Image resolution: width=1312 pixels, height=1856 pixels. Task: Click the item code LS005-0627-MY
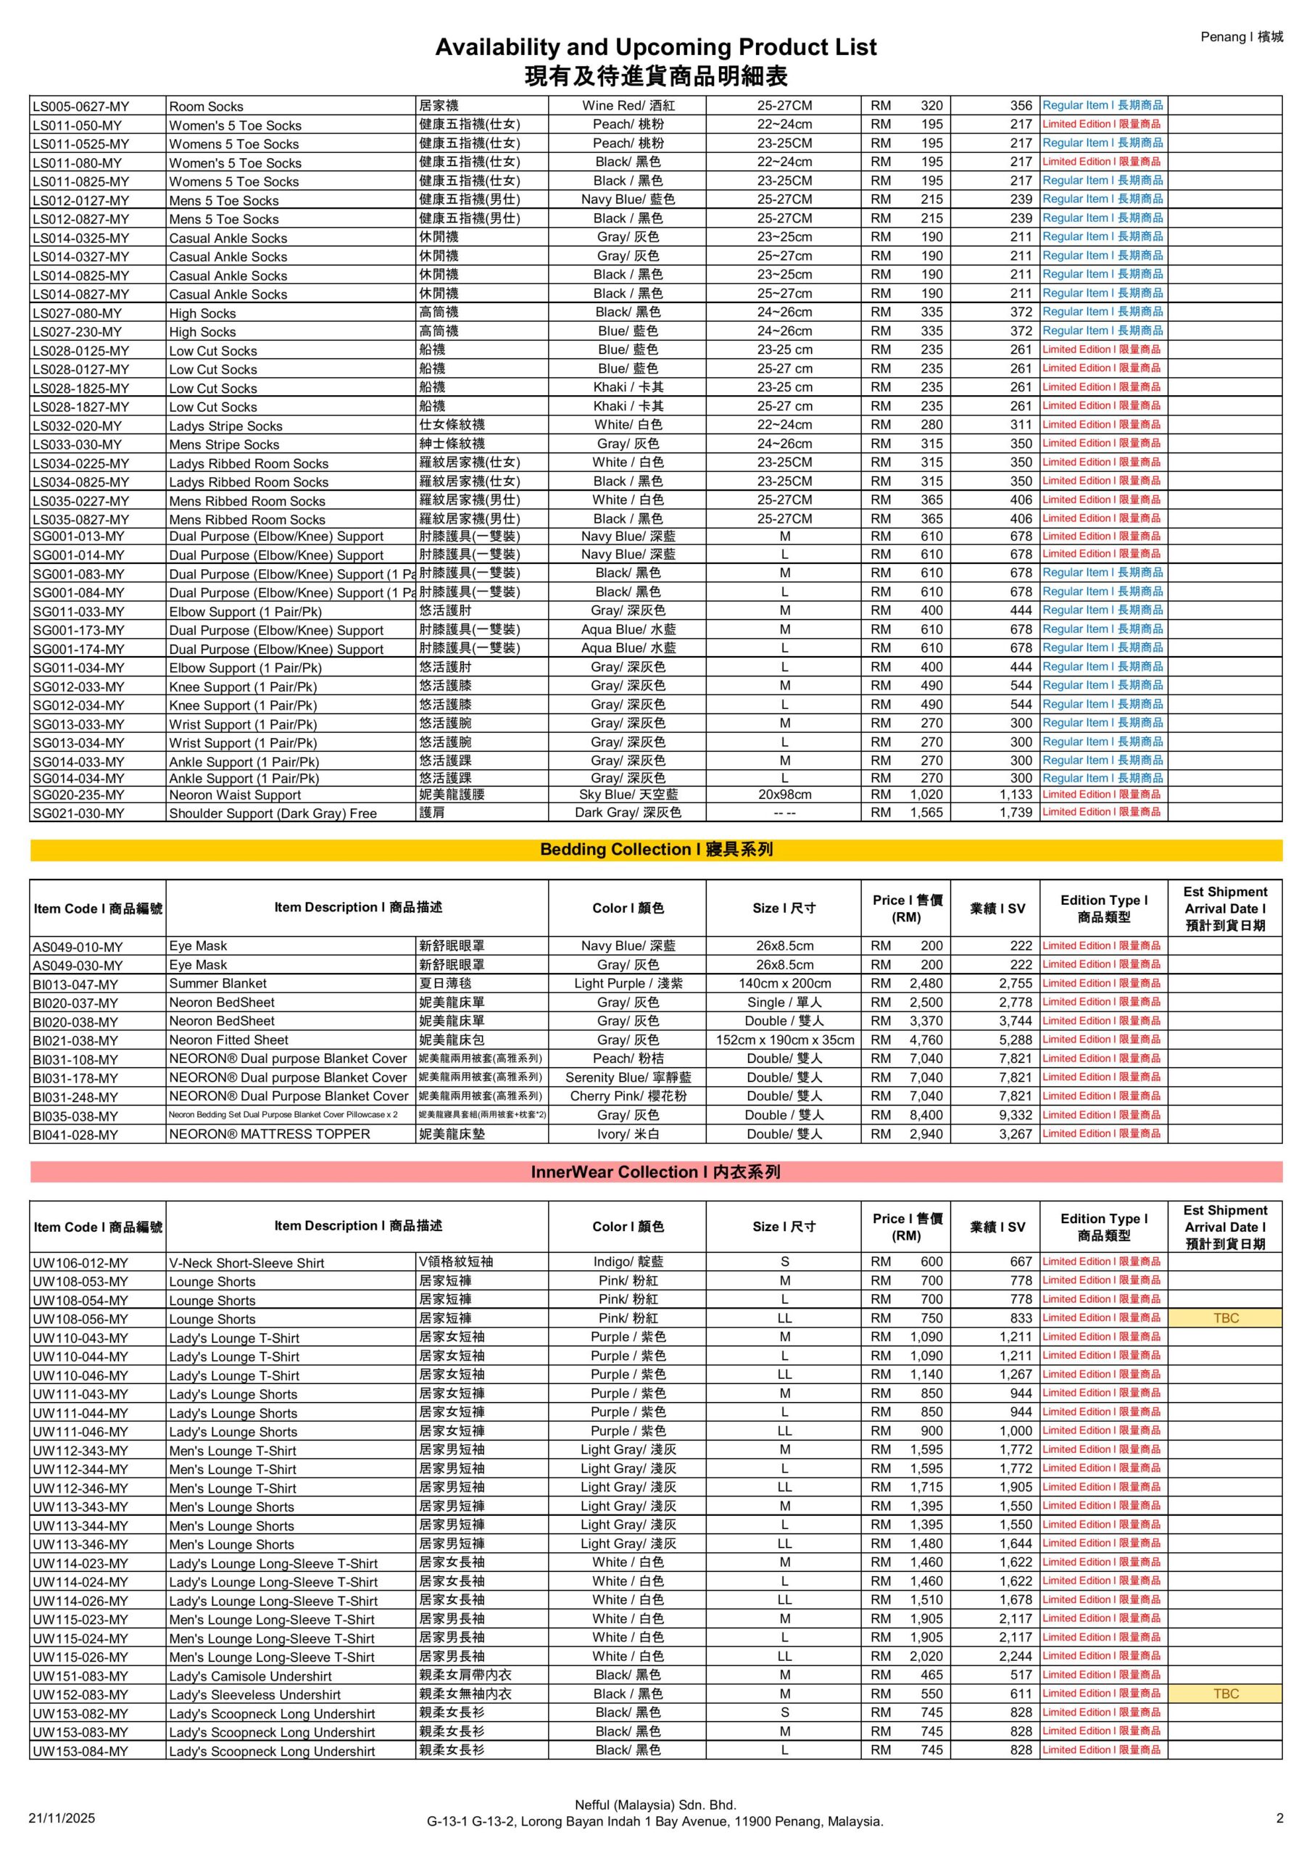81,106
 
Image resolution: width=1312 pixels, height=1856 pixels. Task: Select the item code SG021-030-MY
78,813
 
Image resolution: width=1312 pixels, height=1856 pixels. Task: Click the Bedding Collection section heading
655,850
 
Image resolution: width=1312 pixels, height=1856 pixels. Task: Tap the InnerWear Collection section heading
655,1172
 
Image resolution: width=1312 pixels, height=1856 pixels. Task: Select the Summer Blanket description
217,983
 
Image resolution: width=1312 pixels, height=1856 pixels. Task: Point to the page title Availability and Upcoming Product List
655,47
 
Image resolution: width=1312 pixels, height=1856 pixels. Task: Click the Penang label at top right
1241,36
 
